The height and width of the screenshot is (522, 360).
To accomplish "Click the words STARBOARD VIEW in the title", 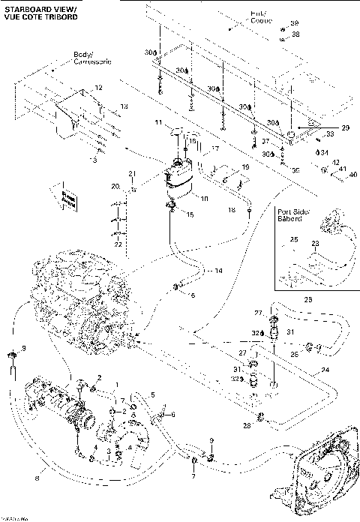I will point(30,6).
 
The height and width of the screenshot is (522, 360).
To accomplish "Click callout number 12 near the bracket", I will point(97,88).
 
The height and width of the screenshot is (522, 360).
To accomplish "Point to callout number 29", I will point(346,128).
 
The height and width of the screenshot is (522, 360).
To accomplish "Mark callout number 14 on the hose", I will point(219,270).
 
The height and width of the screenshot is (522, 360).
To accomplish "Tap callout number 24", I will point(325,369).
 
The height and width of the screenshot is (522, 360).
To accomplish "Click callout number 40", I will point(353,175).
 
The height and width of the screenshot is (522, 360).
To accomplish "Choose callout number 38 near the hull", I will point(295,34).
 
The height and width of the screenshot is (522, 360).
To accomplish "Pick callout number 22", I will point(118,244).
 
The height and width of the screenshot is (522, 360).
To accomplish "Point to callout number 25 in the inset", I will point(294,239).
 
